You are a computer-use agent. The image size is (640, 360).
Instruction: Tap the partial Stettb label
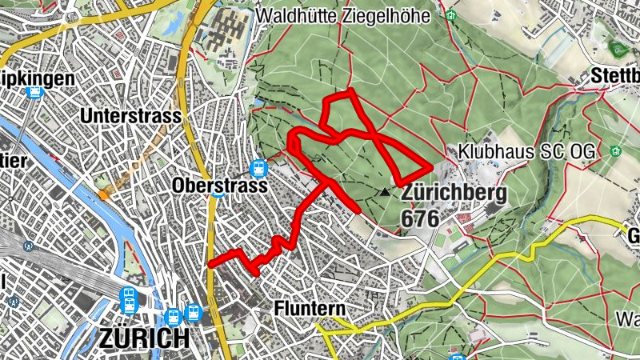click(x=616, y=76)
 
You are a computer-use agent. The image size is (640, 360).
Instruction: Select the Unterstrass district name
click(x=131, y=116)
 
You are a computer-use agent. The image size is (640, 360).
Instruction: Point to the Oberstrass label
click(x=207, y=185)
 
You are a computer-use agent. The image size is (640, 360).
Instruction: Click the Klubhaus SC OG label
click(x=529, y=151)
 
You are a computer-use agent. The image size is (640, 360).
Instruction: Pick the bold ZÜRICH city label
click(x=145, y=338)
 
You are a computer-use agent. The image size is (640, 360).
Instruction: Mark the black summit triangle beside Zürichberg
click(x=386, y=192)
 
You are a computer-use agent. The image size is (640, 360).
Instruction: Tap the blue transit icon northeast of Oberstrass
click(x=258, y=168)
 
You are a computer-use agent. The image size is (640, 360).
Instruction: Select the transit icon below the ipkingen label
click(x=34, y=92)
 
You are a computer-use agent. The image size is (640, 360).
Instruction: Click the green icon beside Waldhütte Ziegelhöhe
click(x=450, y=15)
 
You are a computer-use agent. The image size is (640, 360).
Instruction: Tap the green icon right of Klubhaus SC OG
click(x=614, y=150)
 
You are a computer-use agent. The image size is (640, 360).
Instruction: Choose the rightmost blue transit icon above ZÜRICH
click(x=193, y=313)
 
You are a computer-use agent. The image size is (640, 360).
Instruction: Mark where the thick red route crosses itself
click(x=378, y=138)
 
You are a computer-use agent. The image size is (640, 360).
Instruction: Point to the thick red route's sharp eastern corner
click(x=431, y=166)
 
